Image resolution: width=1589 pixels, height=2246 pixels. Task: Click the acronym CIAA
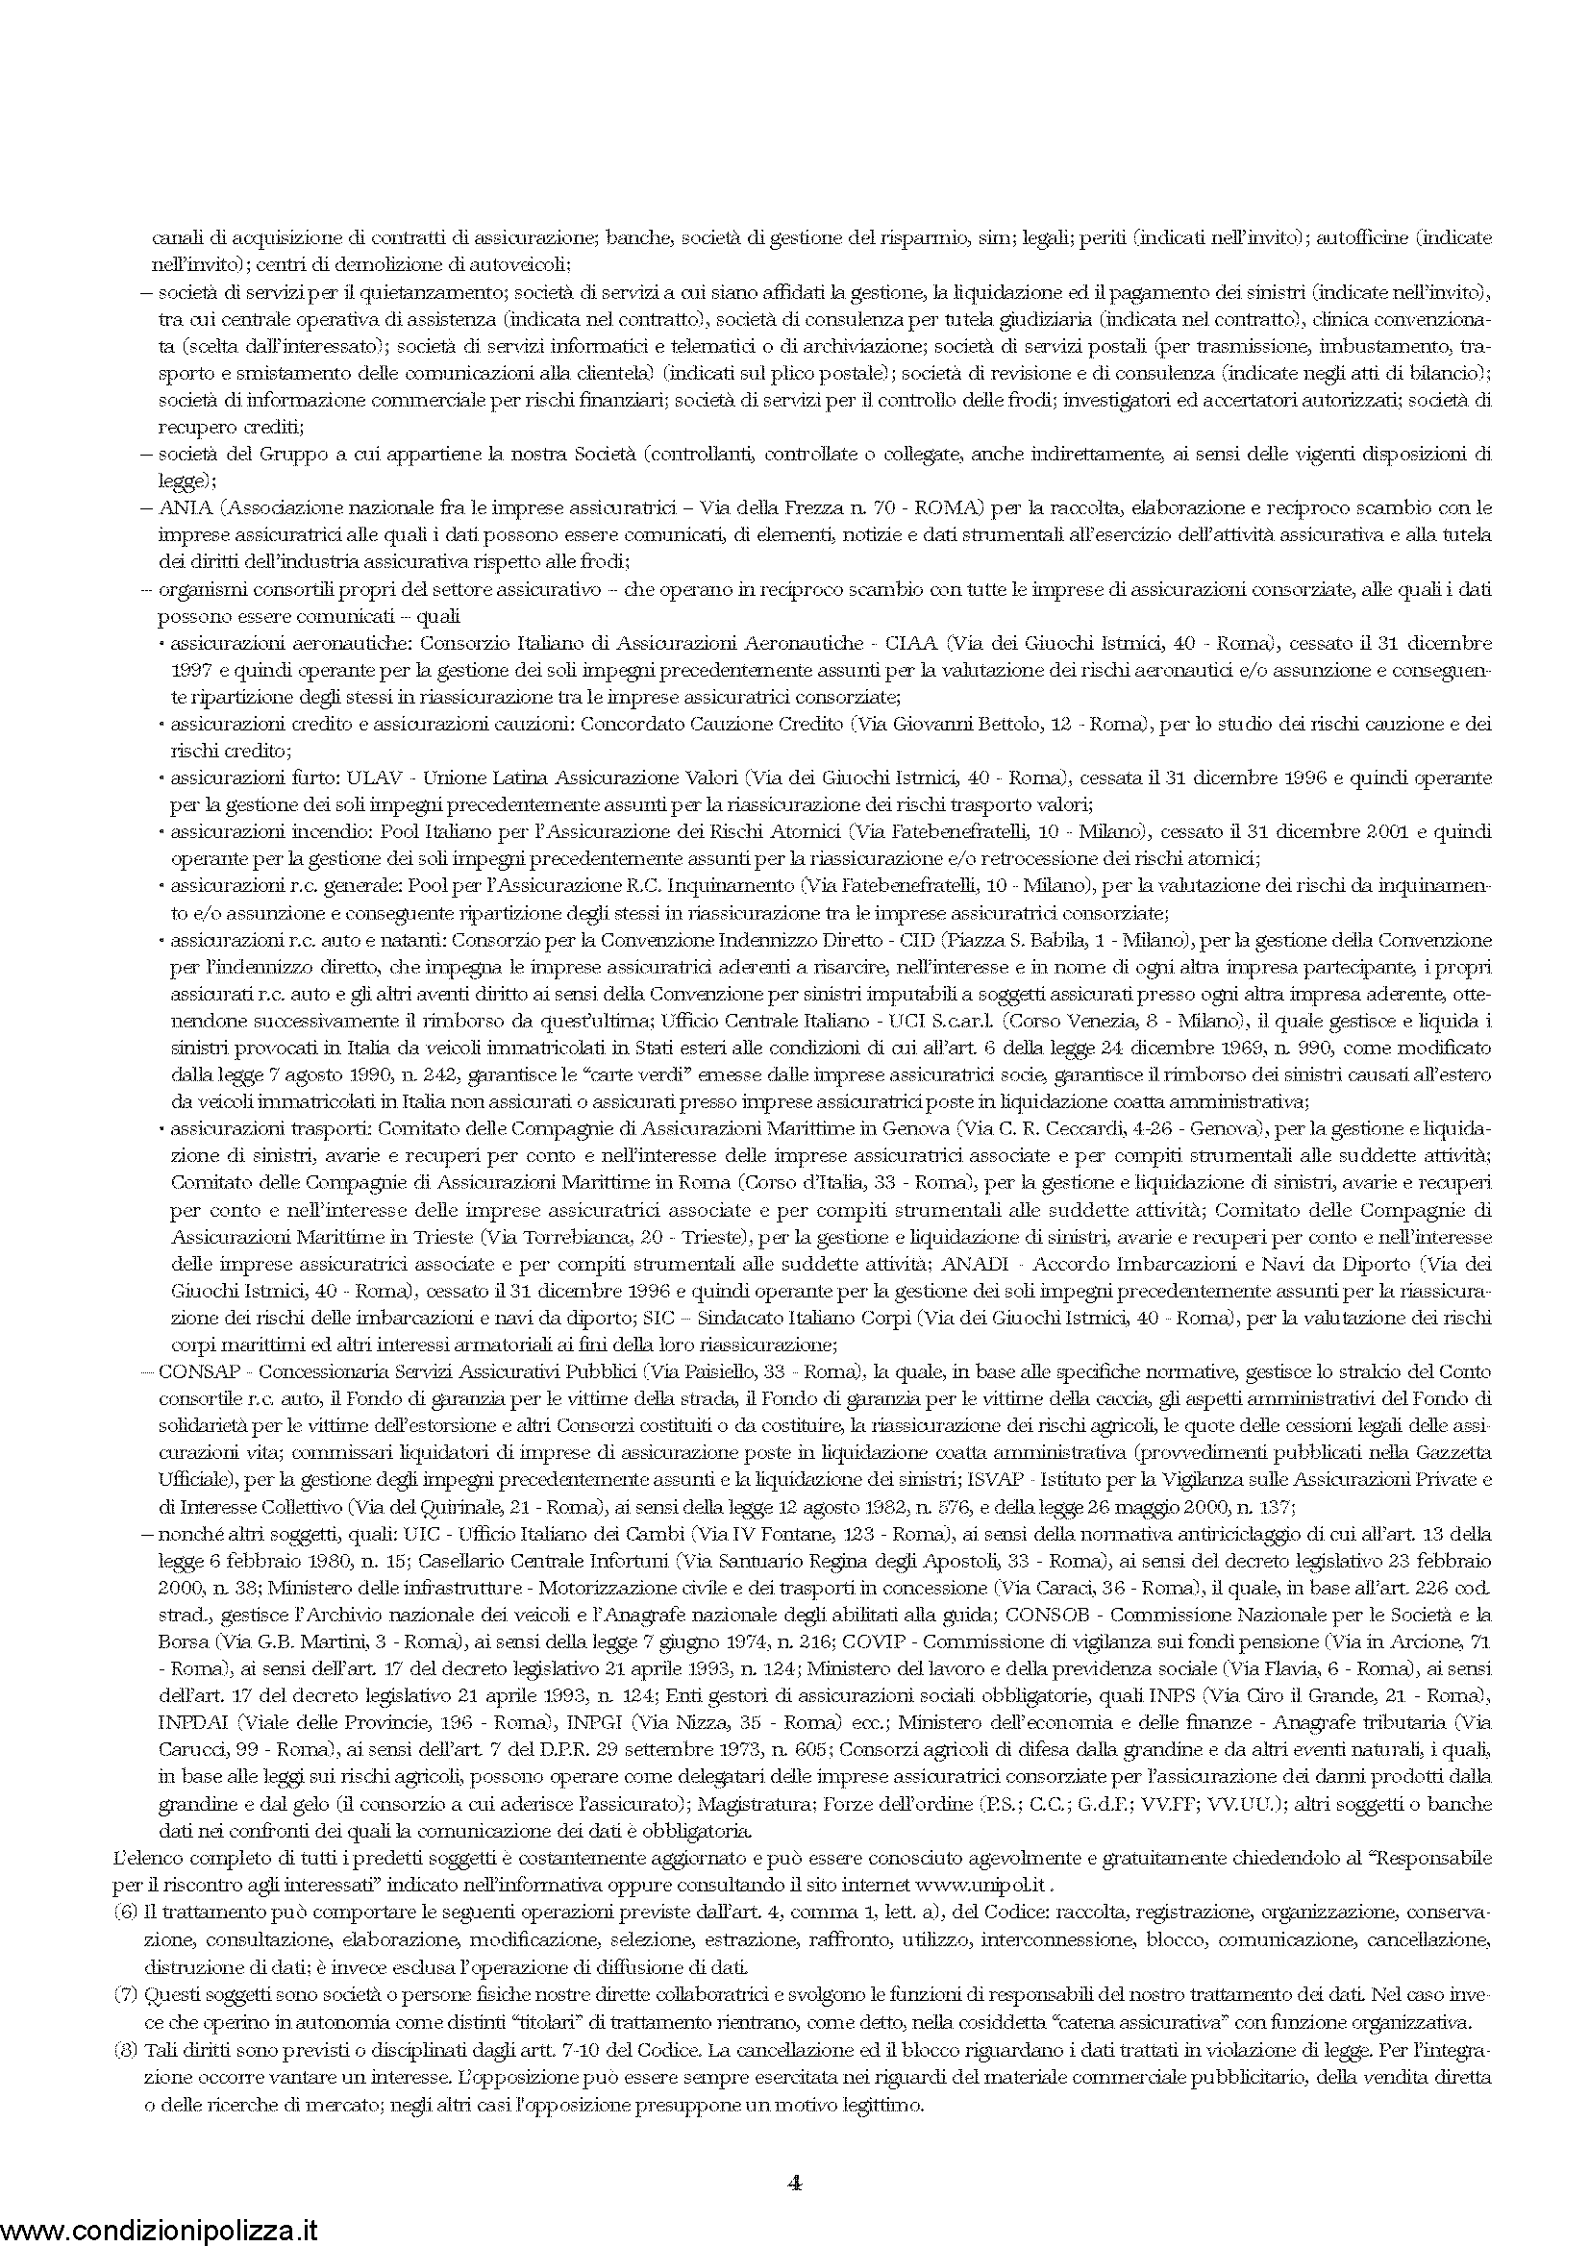pos(911,644)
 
